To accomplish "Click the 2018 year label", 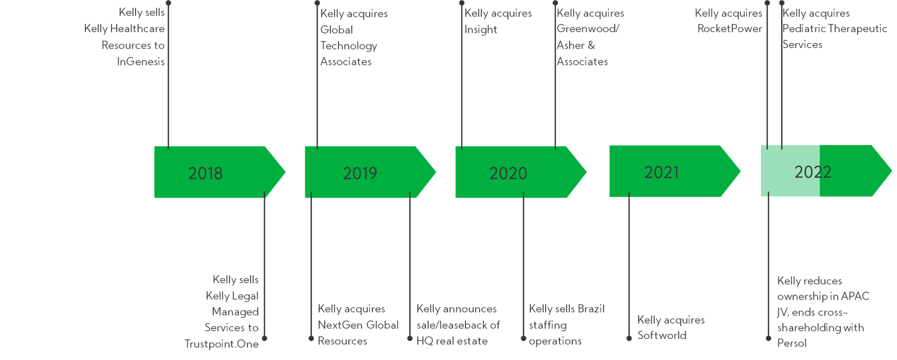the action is pyautogui.click(x=205, y=173).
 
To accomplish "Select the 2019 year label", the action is pyautogui.click(x=360, y=173).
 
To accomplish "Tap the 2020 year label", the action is pyautogui.click(x=508, y=173).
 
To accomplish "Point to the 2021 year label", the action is pyautogui.click(x=661, y=172).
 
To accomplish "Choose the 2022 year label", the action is pyautogui.click(x=813, y=172).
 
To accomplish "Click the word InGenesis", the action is pyautogui.click(x=141, y=61).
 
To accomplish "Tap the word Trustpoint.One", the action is pyautogui.click(x=221, y=344).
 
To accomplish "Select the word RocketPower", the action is pyautogui.click(x=730, y=29).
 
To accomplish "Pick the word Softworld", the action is pyautogui.click(x=662, y=335).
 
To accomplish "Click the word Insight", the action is pyautogui.click(x=481, y=30).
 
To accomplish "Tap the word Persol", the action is pyautogui.click(x=792, y=343).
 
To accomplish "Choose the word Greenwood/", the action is pyautogui.click(x=588, y=29).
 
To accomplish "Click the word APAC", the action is pyautogui.click(x=856, y=296).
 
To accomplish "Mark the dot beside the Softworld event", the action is pyautogui.click(x=629, y=338).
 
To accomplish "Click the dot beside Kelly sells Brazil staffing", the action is pyautogui.click(x=523, y=338).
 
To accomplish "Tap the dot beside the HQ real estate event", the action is pyautogui.click(x=410, y=338).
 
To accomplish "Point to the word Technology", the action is pyautogui.click(x=349, y=46).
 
